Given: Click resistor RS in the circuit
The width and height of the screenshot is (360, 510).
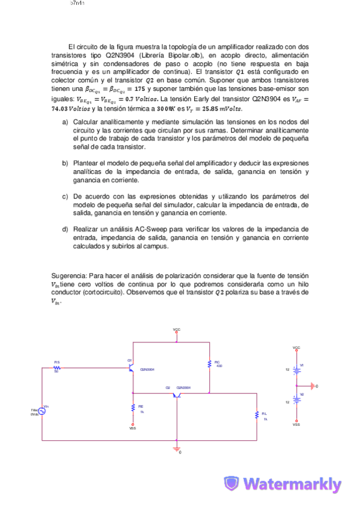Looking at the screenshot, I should [56, 367].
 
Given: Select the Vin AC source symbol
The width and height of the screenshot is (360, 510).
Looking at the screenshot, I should [43, 411].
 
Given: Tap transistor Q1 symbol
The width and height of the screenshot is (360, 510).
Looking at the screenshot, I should [132, 368].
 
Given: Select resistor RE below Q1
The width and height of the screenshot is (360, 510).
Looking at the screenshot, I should [133, 408].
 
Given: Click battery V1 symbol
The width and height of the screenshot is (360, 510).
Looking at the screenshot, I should [296, 369].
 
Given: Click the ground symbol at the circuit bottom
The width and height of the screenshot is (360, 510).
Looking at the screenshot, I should [177, 449].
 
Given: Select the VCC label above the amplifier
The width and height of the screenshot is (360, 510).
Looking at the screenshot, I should [176, 330].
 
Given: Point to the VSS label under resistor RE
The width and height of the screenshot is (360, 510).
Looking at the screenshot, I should [133, 428].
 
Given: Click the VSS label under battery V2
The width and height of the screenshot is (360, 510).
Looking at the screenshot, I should [296, 425].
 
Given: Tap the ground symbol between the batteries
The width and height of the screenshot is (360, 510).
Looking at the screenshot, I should [312, 385].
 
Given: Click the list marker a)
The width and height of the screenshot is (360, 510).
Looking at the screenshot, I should [65, 123].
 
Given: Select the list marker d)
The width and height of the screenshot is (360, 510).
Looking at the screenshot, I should [65, 229].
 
